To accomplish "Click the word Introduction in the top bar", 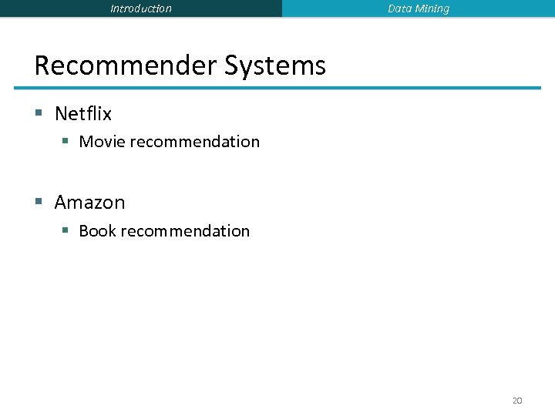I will (x=141, y=8).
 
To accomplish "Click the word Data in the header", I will (x=399, y=8).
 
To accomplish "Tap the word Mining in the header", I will (x=432, y=8).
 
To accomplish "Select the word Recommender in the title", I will (x=126, y=65).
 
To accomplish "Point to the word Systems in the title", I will (x=275, y=66).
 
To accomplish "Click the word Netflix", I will (x=83, y=114).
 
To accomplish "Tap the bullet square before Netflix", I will (x=39, y=114).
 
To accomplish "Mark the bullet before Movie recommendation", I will (x=66, y=142).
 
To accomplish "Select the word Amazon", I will (x=89, y=203).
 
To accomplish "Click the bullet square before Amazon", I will (x=39, y=203).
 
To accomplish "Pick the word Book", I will (x=97, y=231).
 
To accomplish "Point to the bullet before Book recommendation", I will (x=66, y=231).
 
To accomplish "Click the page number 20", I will (x=517, y=401).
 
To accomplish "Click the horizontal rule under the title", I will (x=288, y=88).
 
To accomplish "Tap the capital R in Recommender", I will (x=44, y=65).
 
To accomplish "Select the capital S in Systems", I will (x=233, y=65).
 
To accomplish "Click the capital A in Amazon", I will (x=62, y=203).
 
